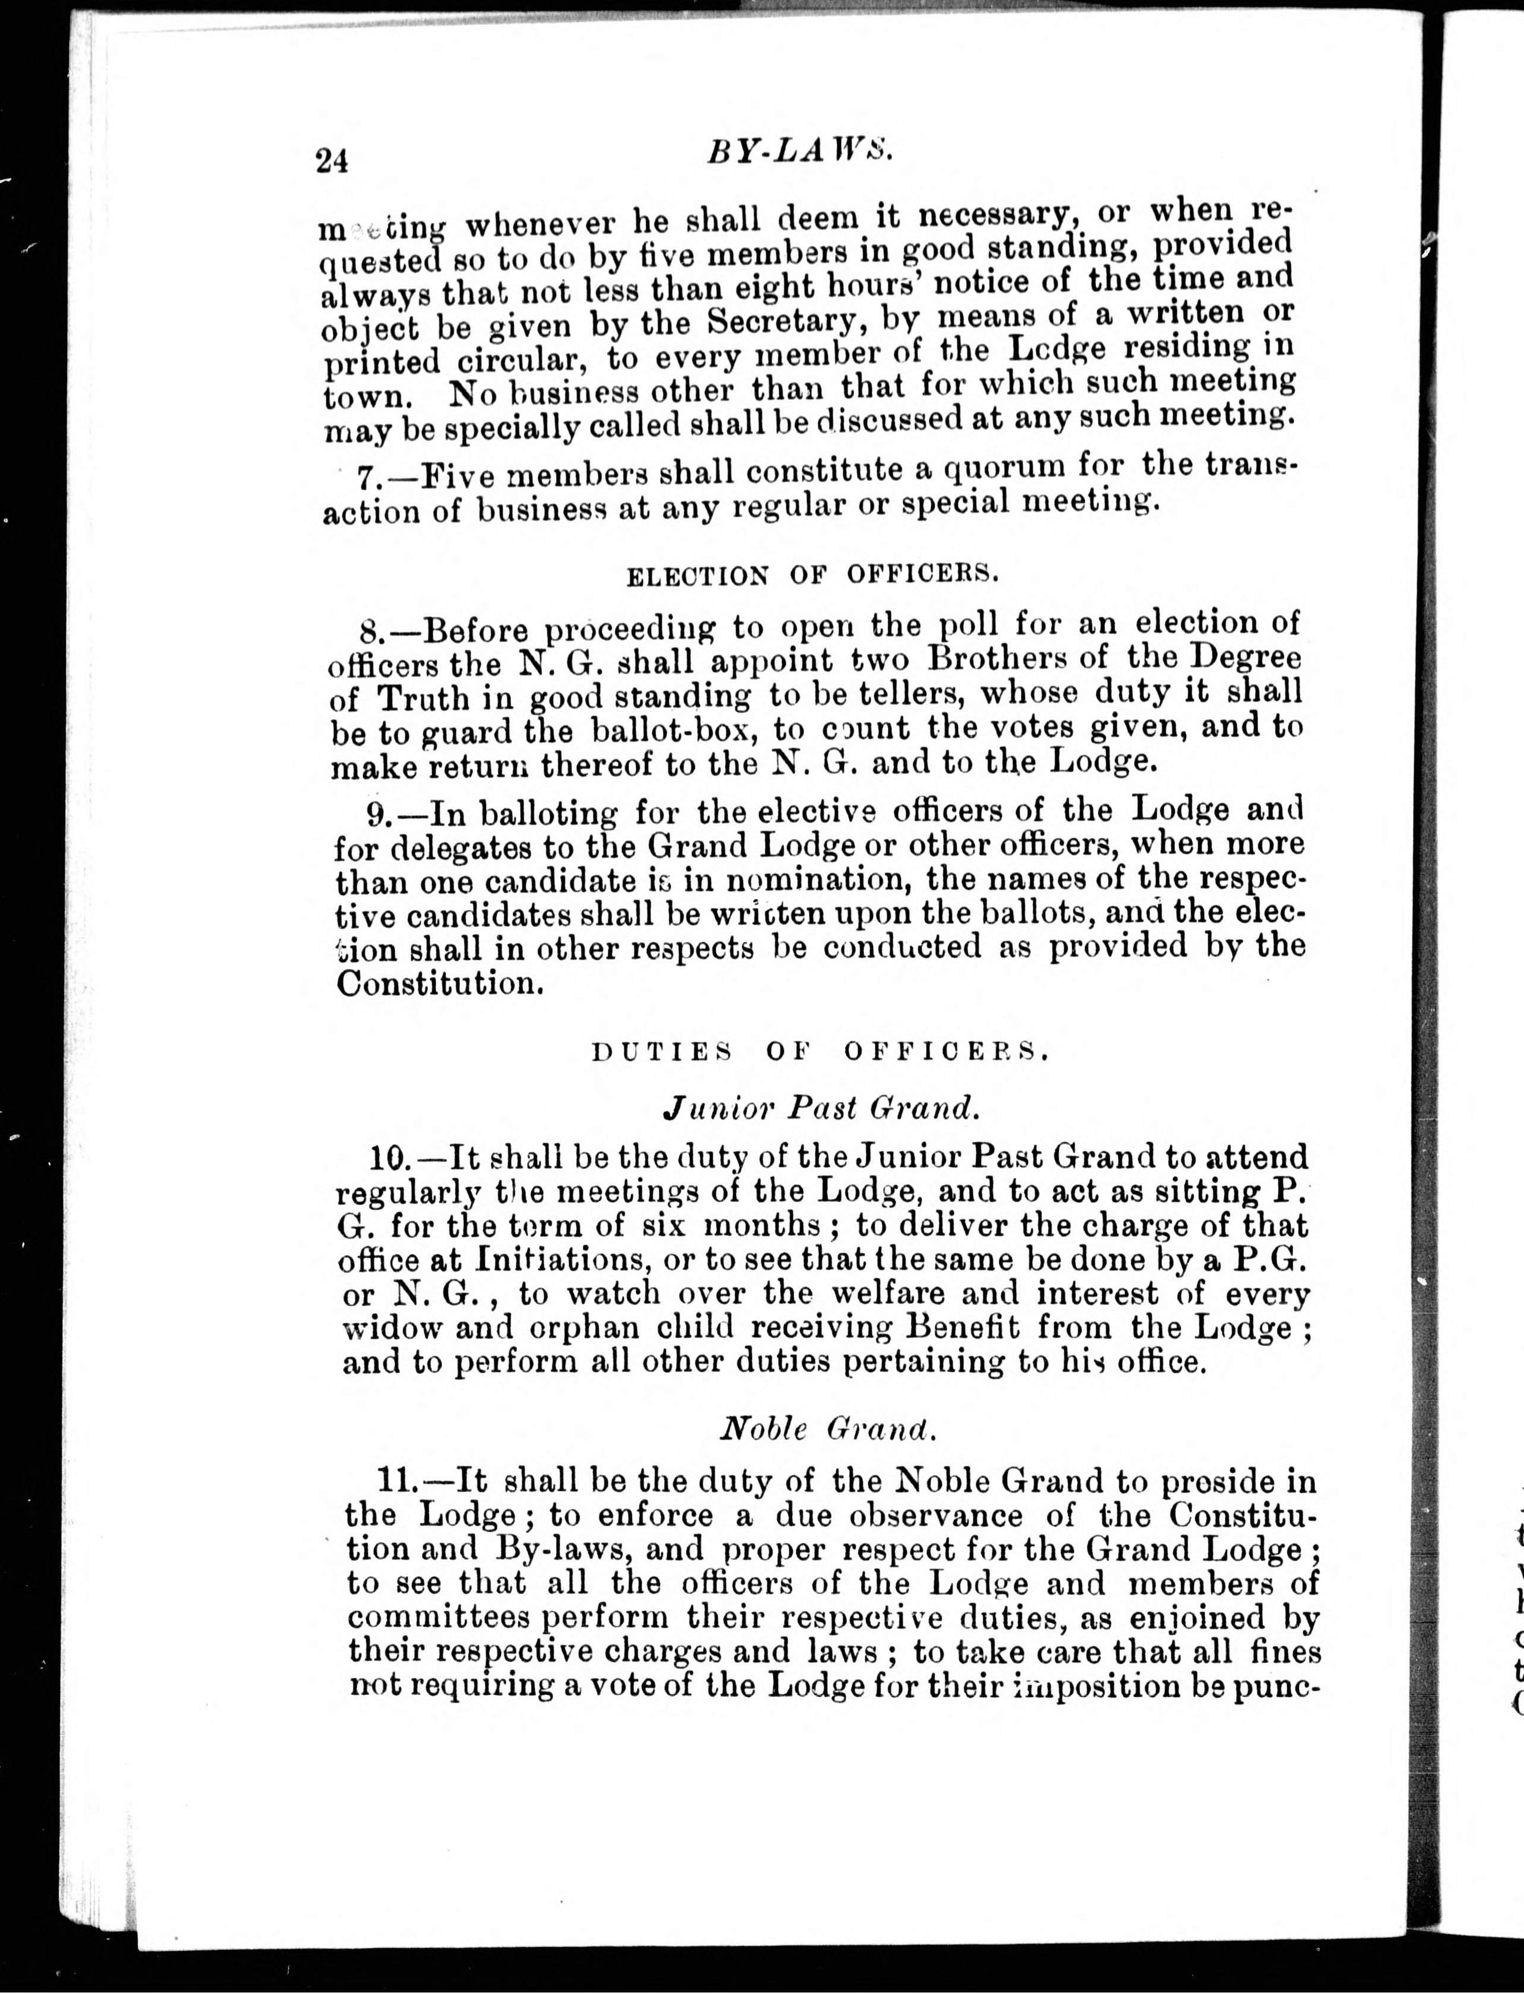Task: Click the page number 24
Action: [332, 161]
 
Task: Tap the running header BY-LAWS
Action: [801, 151]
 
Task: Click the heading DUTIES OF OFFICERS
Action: [821, 1052]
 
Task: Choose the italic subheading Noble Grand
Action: [827, 1430]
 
